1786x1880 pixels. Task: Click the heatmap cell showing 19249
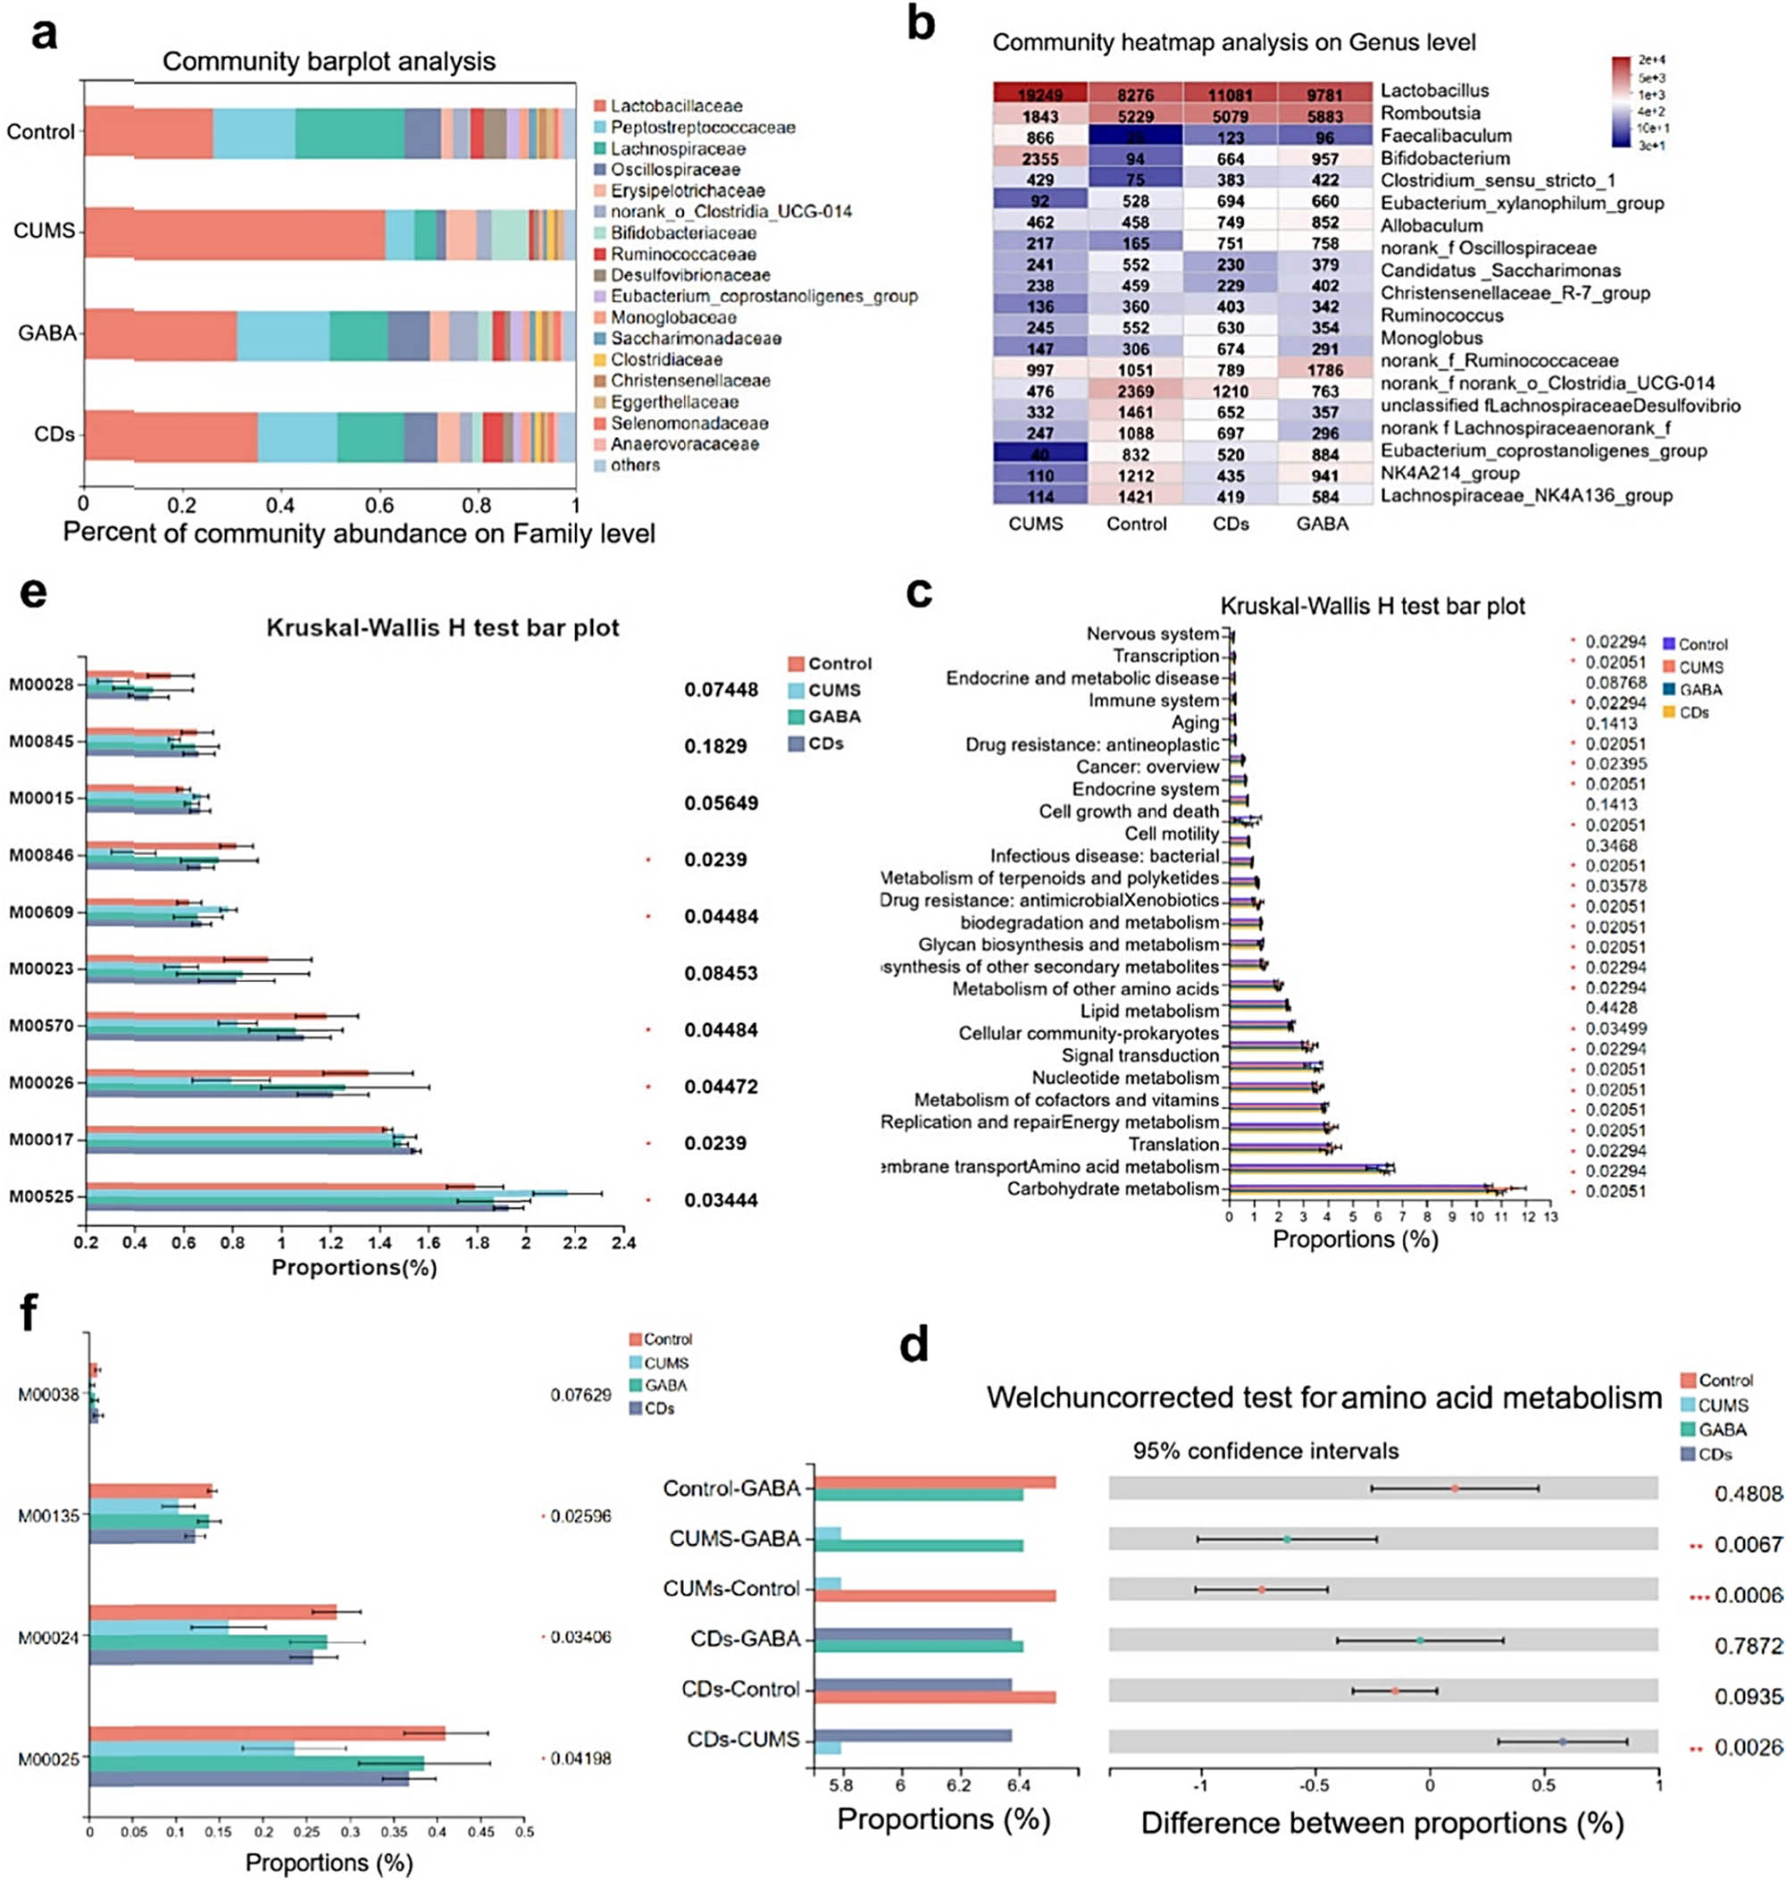click(x=1039, y=95)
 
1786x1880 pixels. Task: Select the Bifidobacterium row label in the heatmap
click(x=1431, y=158)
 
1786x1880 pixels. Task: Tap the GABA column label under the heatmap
click(x=1322, y=524)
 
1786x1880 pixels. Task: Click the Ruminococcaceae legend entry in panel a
click(x=682, y=255)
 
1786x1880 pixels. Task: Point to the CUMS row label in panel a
click(x=43, y=231)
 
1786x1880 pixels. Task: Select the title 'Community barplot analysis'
click(x=329, y=61)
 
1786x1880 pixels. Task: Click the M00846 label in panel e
click(x=41, y=855)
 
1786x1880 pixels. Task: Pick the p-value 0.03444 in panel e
click(x=721, y=1200)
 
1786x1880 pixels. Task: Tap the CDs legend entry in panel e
click(x=824, y=743)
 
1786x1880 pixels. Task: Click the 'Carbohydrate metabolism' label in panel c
click(x=1112, y=1188)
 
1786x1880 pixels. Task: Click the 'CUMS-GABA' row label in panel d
click(x=734, y=1539)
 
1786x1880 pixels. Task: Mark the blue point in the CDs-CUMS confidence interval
click(x=1562, y=1742)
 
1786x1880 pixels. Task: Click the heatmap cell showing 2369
click(x=1135, y=391)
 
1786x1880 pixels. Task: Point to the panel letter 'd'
click(x=914, y=1345)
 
